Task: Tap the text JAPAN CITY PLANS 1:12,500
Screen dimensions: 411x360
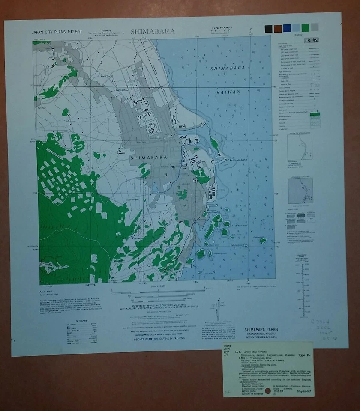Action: (x=57, y=32)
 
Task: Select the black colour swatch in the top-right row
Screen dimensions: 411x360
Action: (x=268, y=29)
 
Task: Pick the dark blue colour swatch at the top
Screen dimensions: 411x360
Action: (x=287, y=28)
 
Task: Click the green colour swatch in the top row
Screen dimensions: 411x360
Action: (x=305, y=28)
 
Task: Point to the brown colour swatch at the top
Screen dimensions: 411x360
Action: (x=278, y=29)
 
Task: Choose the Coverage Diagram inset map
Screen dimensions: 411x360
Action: (x=300, y=191)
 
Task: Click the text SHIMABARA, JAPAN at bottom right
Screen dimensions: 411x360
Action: (x=262, y=329)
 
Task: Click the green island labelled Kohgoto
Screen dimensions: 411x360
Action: (x=263, y=241)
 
